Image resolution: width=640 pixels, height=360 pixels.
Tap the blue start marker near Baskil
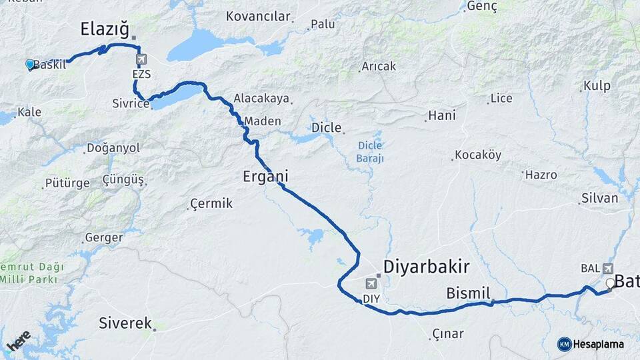(30, 64)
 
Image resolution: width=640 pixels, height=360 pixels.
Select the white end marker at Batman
(610, 283)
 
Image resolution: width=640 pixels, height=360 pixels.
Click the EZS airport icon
(141, 61)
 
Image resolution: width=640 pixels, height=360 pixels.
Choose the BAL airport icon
(607, 268)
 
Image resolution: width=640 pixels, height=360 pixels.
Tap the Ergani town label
(265, 177)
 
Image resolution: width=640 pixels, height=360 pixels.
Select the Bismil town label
(468, 293)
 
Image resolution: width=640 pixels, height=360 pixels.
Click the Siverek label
(125, 323)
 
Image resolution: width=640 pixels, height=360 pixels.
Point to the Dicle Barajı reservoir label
(371, 151)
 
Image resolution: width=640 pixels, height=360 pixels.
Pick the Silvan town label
(600, 198)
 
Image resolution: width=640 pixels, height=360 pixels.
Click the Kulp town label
(597, 85)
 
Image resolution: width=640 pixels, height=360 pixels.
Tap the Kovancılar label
(259, 17)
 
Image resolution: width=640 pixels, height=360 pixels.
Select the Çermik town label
(211, 203)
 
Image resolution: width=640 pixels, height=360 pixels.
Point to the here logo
(18, 341)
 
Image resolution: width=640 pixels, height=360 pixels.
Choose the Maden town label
(263, 121)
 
